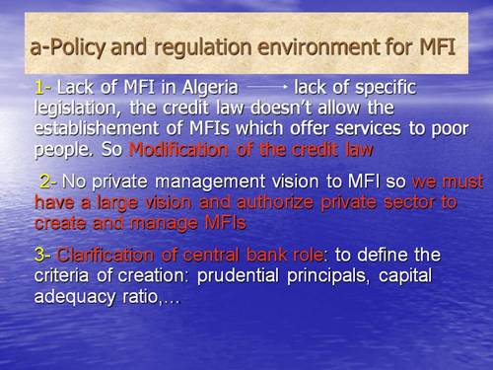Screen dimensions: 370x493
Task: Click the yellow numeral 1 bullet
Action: click(x=37, y=86)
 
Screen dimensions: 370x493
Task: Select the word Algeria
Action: click(x=206, y=86)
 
